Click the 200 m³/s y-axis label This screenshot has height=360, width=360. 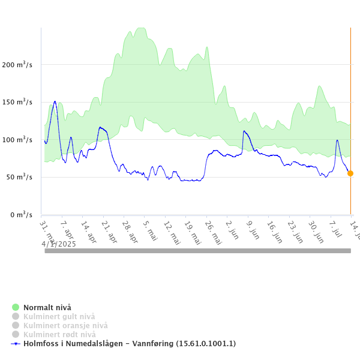(x=16, y=64)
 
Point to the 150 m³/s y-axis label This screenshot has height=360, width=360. (x=16, y=102)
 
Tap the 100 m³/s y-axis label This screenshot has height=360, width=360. (x=16, y=139)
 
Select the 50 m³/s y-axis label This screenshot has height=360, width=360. (x=18, y=177)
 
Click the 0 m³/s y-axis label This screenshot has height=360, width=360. (x=20, y=214)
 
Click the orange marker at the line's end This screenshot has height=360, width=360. (x=350, y=173)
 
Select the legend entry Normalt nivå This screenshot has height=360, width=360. (x=47, y=308)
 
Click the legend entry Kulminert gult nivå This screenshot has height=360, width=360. (x=59, y=317)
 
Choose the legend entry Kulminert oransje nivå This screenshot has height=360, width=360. (x=65, y=326)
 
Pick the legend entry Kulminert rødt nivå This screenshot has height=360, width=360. (x=59, y=335)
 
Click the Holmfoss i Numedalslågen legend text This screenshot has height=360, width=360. (x=129, y=344)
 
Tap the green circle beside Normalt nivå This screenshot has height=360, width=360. (x=16, y=308)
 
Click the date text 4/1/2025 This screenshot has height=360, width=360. (x=59, y=244)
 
